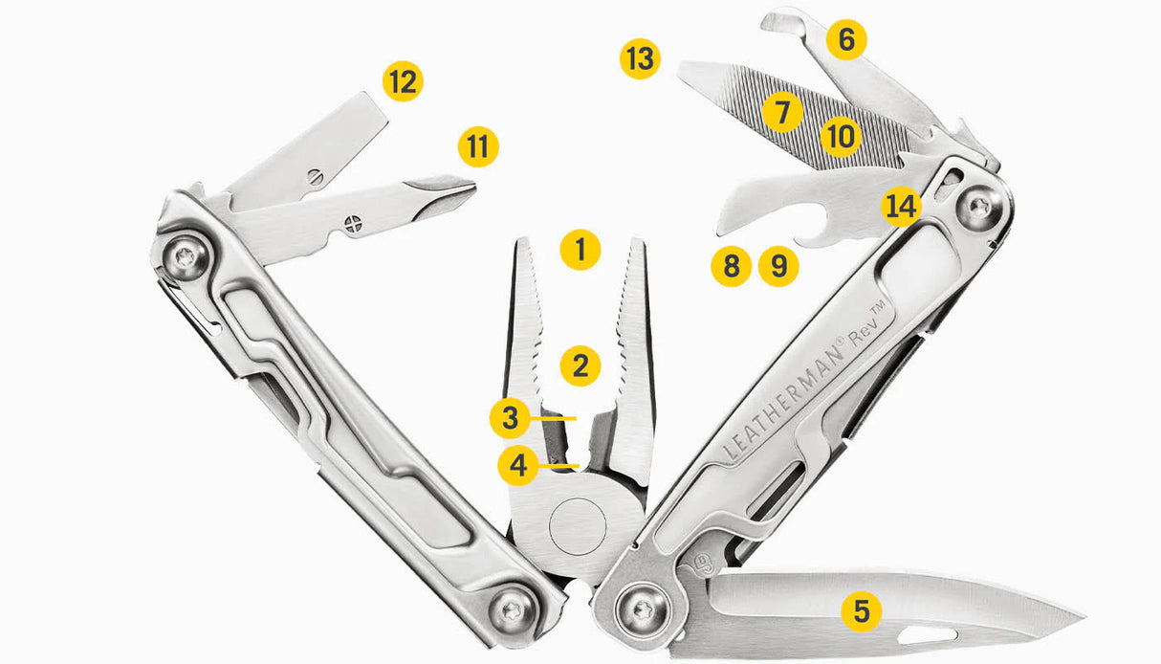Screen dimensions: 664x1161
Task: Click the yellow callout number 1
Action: [580, 250]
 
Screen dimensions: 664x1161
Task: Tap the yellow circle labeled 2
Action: [580, 365]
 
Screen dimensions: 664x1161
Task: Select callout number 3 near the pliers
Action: [510, 418]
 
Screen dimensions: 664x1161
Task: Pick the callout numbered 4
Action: [518, 466]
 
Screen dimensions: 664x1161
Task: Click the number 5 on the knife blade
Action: [862, 610]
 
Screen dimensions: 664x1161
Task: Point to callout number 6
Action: [846, 40]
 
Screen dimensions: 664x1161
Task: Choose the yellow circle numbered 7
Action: [782, 112]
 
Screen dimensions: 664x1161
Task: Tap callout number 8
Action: [732, 267]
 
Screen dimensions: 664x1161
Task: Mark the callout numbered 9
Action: [778, 267]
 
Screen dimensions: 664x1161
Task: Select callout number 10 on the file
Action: [840, 137]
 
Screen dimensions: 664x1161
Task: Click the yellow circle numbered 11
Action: [478, 146]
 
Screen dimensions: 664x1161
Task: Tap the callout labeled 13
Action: [639, 59]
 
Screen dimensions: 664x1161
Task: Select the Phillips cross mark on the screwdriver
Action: [353, 228]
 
